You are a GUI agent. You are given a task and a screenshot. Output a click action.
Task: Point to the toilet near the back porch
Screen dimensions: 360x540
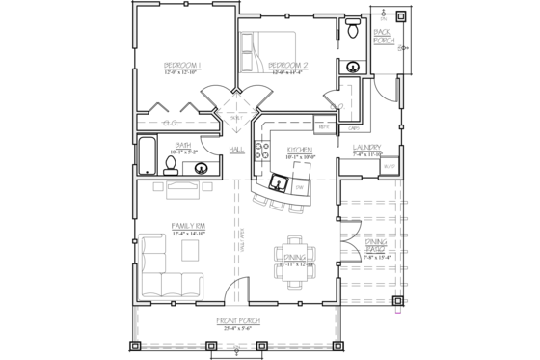(352, 33)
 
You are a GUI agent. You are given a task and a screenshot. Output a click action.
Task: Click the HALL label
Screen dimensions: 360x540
(237, 150)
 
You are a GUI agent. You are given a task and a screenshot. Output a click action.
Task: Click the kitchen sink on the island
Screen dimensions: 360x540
(280, 181)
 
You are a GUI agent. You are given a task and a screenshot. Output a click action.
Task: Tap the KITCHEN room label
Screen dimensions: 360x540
(299, 150)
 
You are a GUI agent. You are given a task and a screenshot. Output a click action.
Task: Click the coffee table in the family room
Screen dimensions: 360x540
(190, 249)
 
